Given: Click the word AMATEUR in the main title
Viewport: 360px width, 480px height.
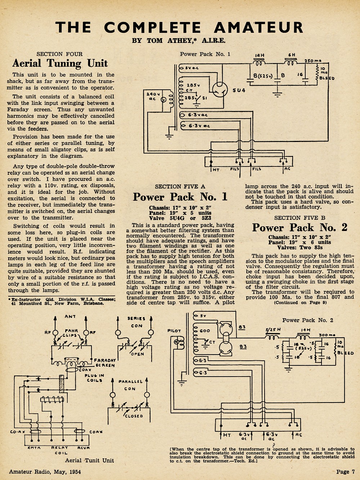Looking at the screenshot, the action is (258, 27).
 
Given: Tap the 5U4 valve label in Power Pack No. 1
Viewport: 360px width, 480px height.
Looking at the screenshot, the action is (239, 90).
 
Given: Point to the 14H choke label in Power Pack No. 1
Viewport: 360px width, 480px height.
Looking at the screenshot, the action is (259, 55).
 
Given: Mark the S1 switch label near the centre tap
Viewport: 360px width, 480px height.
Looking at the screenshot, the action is (204, 98).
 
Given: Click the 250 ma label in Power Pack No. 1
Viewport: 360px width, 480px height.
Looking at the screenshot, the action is (313, 61).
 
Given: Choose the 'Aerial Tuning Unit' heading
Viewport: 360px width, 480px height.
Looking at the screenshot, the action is (60, 63).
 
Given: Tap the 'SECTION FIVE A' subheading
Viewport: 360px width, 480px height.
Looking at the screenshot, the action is (180, 187).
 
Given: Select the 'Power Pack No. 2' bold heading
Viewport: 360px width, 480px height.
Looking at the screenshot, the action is (300, 228).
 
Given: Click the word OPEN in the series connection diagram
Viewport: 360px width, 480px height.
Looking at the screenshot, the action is (138, 354).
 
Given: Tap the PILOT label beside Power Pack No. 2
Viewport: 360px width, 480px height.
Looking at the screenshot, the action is (174, 331).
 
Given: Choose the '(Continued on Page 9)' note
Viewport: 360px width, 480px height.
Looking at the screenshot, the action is (300, 303).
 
